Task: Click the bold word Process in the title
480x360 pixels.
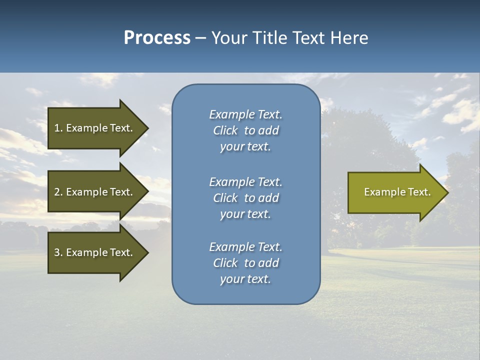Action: (157, 38)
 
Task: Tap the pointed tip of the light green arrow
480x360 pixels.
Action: (447, 192)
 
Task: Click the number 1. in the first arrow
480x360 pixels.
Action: (58, 128)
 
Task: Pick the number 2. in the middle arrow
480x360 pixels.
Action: (58, 192)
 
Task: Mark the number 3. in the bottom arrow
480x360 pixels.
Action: (58, 252)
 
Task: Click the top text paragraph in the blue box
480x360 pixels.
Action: (245, 130)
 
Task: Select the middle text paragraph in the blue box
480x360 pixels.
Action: (245, 198)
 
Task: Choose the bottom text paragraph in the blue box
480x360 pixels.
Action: (245, 263)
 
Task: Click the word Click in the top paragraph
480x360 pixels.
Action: (225, 130)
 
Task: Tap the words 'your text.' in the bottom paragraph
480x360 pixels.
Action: (245, 279)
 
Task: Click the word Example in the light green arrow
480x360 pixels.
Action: (380, 192)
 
